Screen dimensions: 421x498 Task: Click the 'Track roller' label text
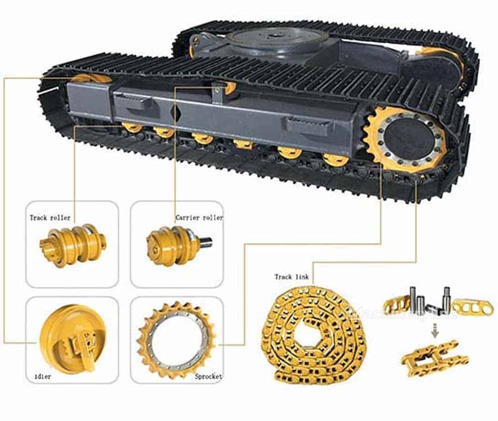pyautogui.click(x=50, y=217)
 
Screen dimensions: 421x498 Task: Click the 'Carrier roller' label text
pyautogui.click(x=199, y=217)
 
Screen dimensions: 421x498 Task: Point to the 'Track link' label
pyautogui.click(x=291, y=277)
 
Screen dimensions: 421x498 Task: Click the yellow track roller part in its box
pyautogui.click(x=73, y=245)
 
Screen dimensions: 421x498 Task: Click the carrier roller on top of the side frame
pyautogui.click(x=229, y=88)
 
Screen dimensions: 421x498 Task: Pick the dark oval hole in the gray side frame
pyautogui.click(x=175, y=112)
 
